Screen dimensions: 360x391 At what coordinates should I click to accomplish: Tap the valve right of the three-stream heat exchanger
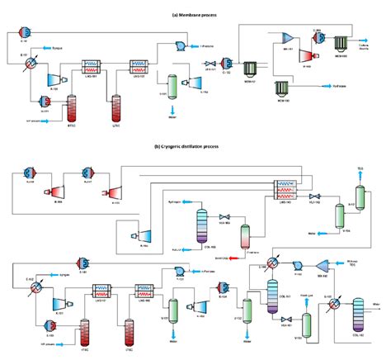315,196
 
